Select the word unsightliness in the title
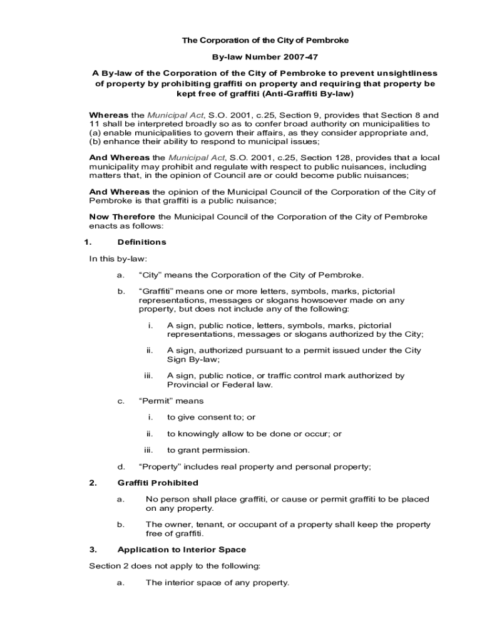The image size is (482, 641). (404, 73)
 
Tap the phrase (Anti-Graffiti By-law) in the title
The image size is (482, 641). (308, 94)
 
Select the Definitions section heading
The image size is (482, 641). (142, 242)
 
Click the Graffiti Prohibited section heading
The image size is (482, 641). (158, 483)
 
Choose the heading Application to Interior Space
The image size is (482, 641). (182, 550)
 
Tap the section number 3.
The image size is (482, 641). (93, 550)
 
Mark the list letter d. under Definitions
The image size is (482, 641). (121, 466)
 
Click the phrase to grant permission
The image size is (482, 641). (208, 449)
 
